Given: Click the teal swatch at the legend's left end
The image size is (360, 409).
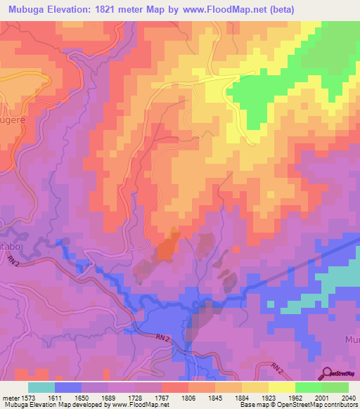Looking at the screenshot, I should coord(41,387).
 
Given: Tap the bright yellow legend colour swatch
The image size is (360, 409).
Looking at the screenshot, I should coord(282,387).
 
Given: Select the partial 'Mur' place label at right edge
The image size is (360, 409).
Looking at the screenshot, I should coord(352,339).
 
